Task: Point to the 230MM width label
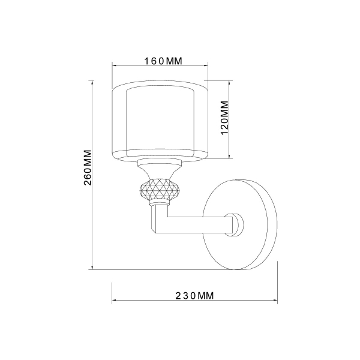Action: click(x=194, y=295)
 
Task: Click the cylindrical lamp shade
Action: click(x=160, y=120)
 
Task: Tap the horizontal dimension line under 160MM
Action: click(x=160, y=67)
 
